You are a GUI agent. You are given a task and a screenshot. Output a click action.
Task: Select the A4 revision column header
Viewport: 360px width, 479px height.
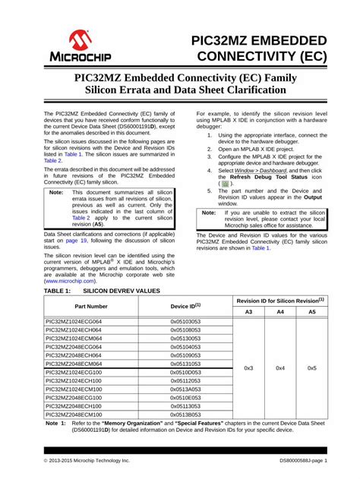point(280,312)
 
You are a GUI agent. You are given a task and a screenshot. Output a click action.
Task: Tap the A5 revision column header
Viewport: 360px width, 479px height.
point(312,312)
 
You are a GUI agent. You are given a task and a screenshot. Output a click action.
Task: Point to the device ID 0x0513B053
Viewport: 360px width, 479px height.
point(185,414)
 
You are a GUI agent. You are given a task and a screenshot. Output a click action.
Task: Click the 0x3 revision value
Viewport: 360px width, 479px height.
point(248,368)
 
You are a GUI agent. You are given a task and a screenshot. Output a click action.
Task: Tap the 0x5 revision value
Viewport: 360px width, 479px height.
point(312,368)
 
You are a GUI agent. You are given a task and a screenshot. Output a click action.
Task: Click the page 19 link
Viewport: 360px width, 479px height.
point(76,240)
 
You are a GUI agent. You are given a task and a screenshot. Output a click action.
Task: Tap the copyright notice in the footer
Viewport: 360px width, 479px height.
point(87,461)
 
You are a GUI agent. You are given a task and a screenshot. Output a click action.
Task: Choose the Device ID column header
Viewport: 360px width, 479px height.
point(185,306)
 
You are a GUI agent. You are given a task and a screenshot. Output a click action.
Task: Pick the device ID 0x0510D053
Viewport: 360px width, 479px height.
point(185,373)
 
